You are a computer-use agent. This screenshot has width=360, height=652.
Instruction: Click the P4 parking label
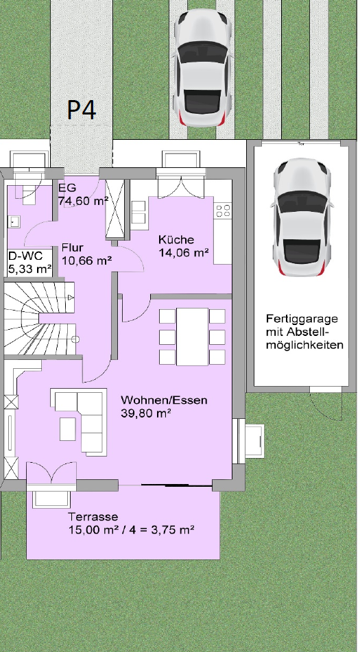point(82,110)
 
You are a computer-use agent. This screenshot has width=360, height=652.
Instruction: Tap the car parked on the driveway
point(202,68)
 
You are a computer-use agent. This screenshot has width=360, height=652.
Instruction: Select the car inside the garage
point(302,217)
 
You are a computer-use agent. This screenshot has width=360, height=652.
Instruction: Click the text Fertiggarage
point(302,319)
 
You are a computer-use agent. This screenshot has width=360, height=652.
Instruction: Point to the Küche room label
point(176,240)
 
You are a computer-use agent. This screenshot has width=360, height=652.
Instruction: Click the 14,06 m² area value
point(184,252)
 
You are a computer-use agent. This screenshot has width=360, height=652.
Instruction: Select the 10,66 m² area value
point(87,261)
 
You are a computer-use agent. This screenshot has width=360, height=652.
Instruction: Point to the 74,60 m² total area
point(84,201)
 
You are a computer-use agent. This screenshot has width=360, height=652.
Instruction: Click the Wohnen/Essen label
point(164,400)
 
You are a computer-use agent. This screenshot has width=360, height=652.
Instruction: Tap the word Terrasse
point(93,517)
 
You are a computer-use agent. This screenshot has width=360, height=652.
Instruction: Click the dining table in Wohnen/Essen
point(193,337)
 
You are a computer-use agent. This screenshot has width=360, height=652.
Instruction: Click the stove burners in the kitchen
point(223,210)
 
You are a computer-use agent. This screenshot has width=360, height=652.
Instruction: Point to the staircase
point(40,319)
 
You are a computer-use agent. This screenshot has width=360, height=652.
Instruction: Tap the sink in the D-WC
point(14,222)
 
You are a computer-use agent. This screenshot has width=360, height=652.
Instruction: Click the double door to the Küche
point(181,186)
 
